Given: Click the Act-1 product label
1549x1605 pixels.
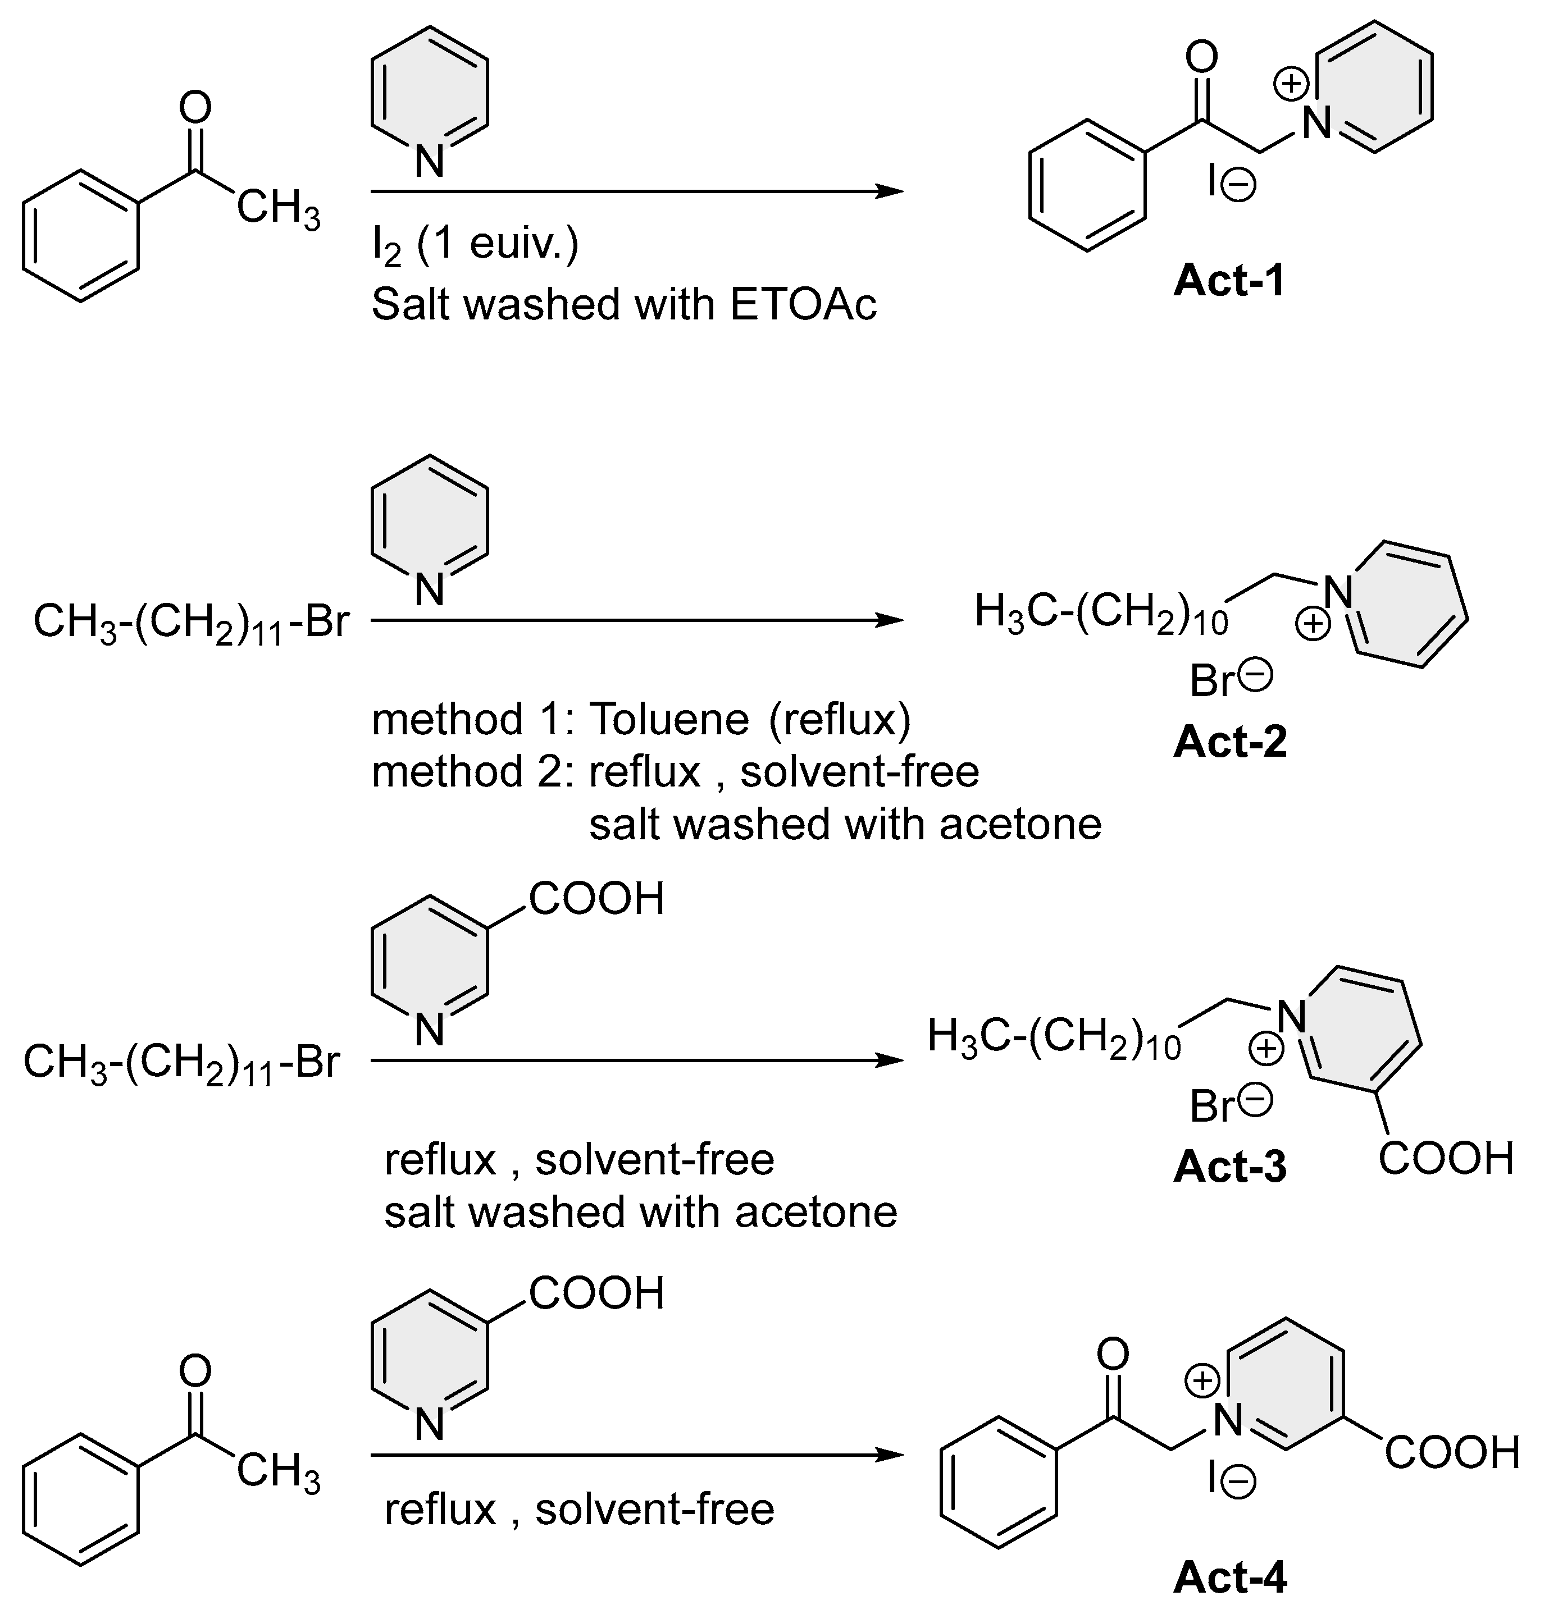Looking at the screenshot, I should pos(1229,281).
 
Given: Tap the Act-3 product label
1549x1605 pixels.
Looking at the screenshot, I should pos(1229,1166).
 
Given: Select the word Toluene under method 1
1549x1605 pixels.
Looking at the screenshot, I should pos(668,720).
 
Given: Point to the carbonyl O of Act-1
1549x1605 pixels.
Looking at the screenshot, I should pos(1202,58).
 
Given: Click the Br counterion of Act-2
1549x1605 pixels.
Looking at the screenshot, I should pos(1213,680).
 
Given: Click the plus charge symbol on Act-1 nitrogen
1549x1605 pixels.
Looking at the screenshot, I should pos(1291,84).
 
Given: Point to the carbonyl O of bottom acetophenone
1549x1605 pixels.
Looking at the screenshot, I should pos(195,1371).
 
